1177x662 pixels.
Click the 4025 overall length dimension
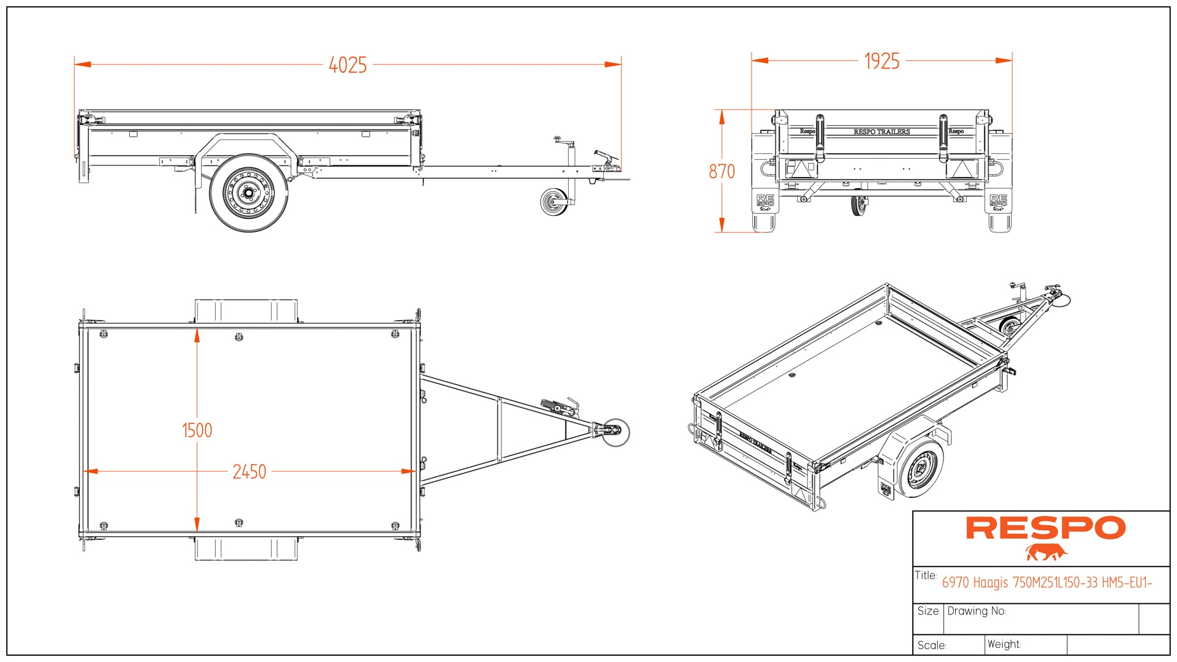(348, 65)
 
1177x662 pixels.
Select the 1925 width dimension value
(882, 61)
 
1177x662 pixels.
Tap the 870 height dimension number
(722, 172)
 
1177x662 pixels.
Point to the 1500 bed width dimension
(197, 430)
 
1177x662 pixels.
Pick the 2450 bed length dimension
(249, 472)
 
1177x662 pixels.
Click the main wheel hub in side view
(248, 194)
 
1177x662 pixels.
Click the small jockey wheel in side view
(554, 202)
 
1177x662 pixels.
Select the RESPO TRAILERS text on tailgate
(882, 132)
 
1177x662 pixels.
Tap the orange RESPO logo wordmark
(1045, 528)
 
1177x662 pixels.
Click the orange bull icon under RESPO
(1046, 552)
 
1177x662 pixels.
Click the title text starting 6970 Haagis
(1047, 583)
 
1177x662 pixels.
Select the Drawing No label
(977, 611)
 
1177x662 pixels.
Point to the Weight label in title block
(1004, 644)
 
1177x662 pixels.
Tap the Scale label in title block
(932, 645)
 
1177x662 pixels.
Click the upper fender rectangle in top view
(246, 311)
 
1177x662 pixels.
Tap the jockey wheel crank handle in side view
(557, 139)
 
